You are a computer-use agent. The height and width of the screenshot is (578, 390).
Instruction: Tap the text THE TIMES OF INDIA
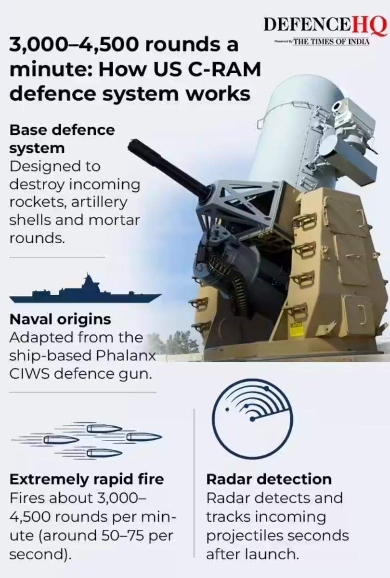click(x=331, y=41)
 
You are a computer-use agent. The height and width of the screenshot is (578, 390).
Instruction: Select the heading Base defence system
click(x=62, y=139)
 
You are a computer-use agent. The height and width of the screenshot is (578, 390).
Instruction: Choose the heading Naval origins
click(x=60, y=320)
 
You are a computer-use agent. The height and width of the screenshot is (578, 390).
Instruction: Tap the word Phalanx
click(x=126, y=356)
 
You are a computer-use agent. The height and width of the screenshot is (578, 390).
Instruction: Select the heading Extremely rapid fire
click(x=87, y=480)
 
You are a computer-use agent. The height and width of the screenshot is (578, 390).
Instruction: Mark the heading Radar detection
click(x=269, y=479)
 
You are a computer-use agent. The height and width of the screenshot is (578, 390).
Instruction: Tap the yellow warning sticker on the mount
click(x=297, y=329)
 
